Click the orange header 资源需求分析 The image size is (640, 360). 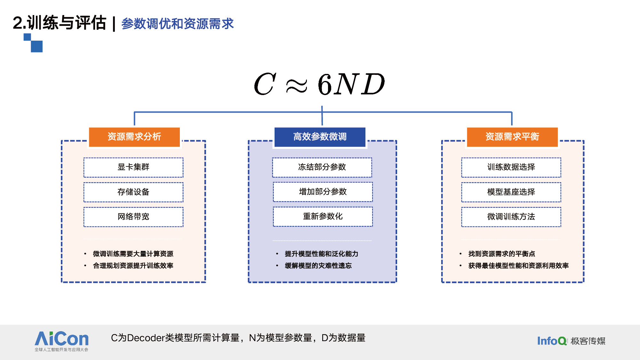pyautogui.click(x=134, y=137)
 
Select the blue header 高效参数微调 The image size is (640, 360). pyautogui.click(x=320, y=137)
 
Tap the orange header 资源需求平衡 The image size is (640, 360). pyautogui.click(x=512, y=137)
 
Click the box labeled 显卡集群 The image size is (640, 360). pyautogui.click(x=133, y=167)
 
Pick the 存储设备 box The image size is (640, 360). pyautogui.click(x=133, y=192)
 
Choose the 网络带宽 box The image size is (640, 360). pyautogui.click(x=133, y=217)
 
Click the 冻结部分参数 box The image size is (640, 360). pyautogui.click(x=322, y=167)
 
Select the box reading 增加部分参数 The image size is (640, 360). pyautogui.click(x=323, y=192)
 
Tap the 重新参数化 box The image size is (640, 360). pyautogui.click(x=323, y=217)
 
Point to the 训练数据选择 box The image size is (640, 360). pyautogui.click(x=511, y=167)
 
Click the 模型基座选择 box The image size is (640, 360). pyautogui.click(x=511, y=192)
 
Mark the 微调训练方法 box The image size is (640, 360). pyautogui.click(x=511, y=217)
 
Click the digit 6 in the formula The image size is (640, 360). pyautogui.click(x=325, y=84)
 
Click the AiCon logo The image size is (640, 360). pyautogui.click(x=61, y=341)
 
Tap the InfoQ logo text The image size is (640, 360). pyautogui.click(x=552, y=341)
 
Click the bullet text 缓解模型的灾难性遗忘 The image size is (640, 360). pyautogui.click(x=318, y=266)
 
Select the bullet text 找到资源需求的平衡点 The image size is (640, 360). pyautogui.click(x=501, y=254)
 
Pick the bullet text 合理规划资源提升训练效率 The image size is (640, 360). pyautogui.click(x=133, y=266)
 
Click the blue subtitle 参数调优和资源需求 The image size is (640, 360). pyautogui.click(x=178, y=24)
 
